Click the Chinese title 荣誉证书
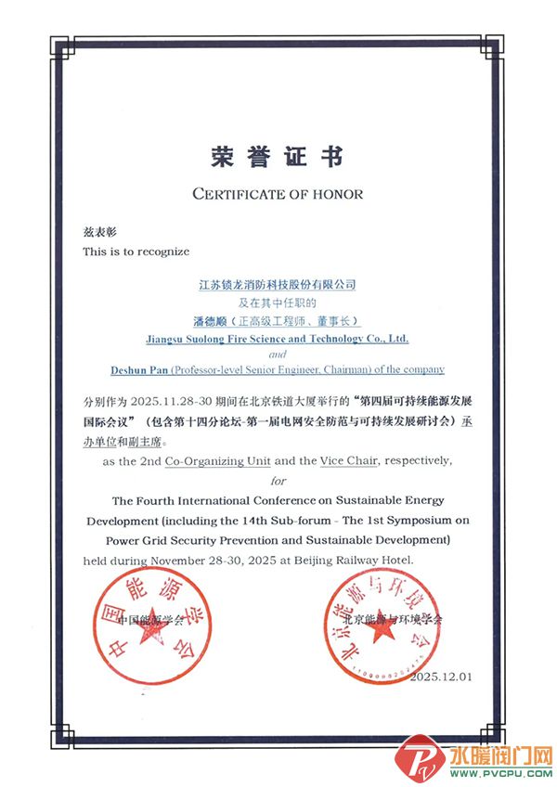tap(278, 156)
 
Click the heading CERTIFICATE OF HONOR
tap(278, 194)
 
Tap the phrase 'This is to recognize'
tap(136, 251)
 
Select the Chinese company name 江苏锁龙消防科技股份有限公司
tap(278, 284)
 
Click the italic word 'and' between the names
tap(278, 355)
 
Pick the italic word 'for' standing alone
tap(278, 480)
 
